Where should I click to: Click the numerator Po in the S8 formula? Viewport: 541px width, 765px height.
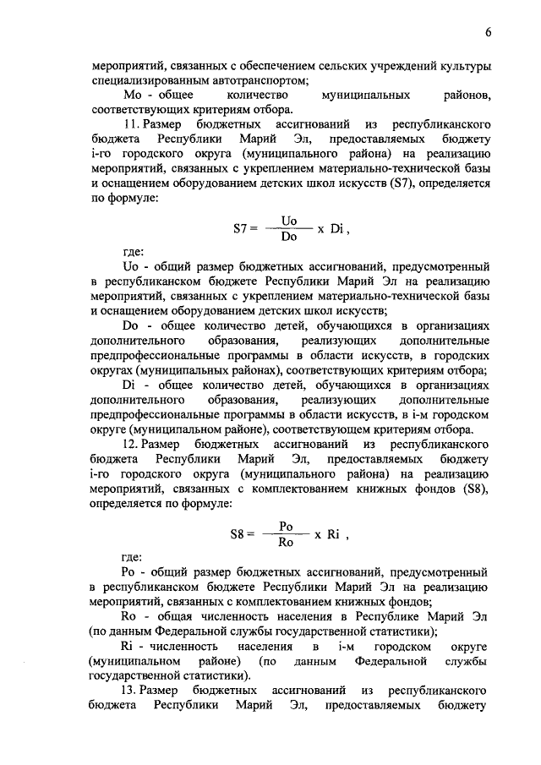point(286,525)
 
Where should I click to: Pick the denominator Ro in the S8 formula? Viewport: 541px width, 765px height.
point(286,542)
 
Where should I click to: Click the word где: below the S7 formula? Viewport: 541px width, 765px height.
point(133,251)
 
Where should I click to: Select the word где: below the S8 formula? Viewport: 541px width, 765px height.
point(133,557)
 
